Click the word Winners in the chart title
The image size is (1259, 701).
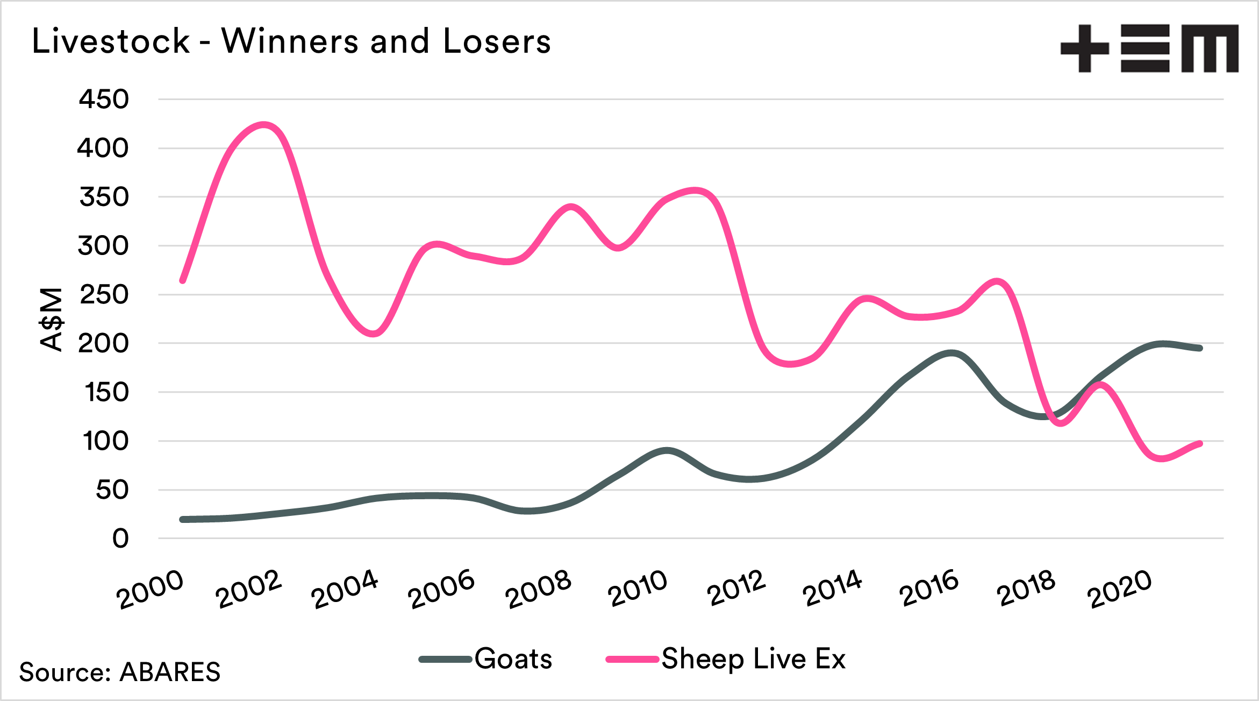point(290,41)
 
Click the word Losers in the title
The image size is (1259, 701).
point(497,41)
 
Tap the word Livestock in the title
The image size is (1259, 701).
point(111,41)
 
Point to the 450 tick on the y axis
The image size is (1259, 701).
point(104,100)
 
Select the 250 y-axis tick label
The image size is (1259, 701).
point(104,295)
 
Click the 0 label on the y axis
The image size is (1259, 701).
point(120,539)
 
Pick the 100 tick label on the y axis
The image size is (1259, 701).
point(105,441)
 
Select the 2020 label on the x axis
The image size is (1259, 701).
point(1119,589)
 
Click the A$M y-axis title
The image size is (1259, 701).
point(52,320)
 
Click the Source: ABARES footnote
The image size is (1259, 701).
point(120,672)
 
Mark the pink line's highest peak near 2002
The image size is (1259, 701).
point(263,125)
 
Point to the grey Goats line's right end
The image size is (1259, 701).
point(1200,348)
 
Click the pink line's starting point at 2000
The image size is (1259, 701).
point(183,280)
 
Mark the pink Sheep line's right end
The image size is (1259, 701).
point(1200,444)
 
